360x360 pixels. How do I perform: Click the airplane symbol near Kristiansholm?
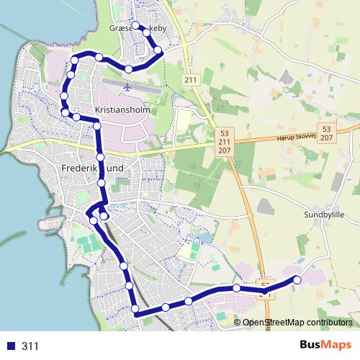(x=128, y=87)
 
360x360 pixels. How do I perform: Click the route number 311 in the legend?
(x=30, y=346)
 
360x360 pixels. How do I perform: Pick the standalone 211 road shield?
(x=190, y=79)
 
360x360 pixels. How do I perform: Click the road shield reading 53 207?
(x=327, y=132)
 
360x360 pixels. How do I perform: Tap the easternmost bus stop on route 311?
(x=297, y=279)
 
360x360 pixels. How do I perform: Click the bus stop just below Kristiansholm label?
(x=97, y=126)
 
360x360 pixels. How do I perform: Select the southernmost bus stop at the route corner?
(x=135, y=310)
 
